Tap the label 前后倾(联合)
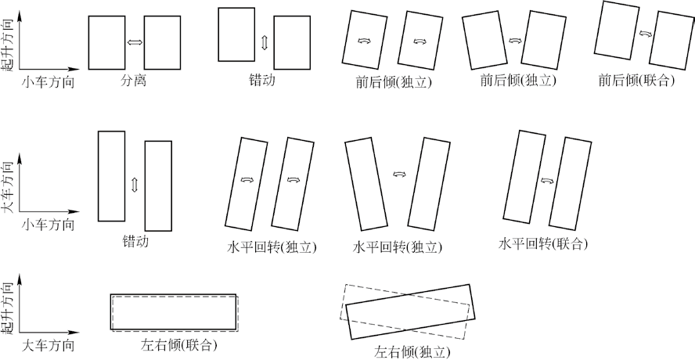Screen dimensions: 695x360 click(636, 81)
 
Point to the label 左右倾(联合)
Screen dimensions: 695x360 click(174, 344)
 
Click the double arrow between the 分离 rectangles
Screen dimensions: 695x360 click(135, 42)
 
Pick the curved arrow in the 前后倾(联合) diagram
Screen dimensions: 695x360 click(646, 33)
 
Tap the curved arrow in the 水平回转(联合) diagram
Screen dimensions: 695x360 click(547, 181)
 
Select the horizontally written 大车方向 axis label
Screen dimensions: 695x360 click(48, 345)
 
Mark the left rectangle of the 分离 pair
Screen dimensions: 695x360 click(106, 42)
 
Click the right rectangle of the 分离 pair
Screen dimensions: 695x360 click(162, 42)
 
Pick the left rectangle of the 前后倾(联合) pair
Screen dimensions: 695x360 click(617, 30)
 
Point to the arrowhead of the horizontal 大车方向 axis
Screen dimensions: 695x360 click(75, 332)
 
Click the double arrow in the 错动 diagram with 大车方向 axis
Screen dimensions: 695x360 click(135, 185)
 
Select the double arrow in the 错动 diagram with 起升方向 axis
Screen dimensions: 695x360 click(265, 42)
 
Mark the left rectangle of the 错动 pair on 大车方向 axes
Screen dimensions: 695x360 click(112, 176)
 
